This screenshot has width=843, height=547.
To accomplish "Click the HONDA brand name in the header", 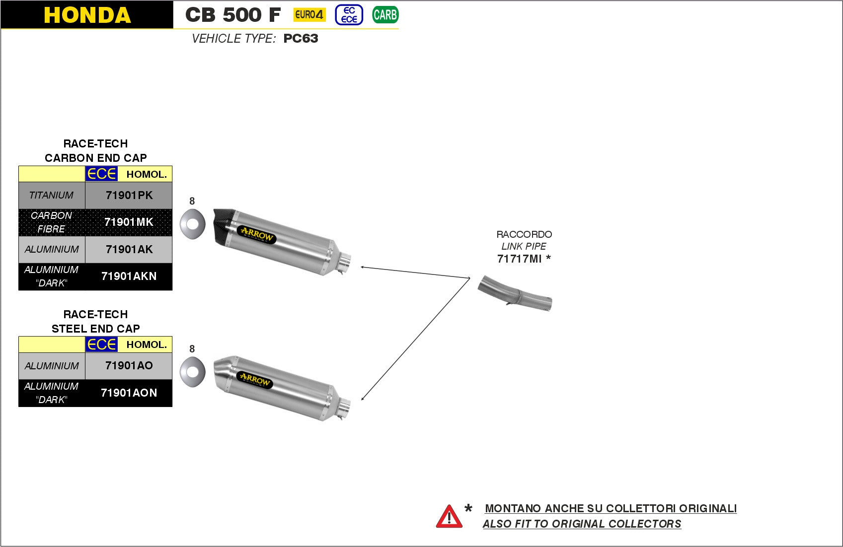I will [x=87, y=15].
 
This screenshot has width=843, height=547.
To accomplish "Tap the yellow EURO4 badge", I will [x=309, y=15].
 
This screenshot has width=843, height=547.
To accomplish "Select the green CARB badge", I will [x=385, y=15].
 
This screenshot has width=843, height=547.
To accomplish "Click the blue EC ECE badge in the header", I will [x=349, y=15].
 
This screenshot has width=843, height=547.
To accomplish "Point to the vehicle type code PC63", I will [x=301, y=39].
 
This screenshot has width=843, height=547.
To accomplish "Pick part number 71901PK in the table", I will [x=129, y=195].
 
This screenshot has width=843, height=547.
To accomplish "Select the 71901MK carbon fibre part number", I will [x=129, y=222].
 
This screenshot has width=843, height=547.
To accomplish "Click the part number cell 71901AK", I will [x=129, y=249].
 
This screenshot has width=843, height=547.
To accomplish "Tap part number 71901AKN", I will [x=129, y=276].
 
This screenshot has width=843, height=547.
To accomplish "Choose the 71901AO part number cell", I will [x=129, y=365].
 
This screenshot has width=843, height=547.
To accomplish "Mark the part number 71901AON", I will [x=129, y=393].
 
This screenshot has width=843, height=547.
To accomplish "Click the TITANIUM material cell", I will [x=52, y=195].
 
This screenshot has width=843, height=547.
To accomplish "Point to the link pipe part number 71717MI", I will [x=519, y=259].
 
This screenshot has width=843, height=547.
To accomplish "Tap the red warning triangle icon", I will [x=449, y=517].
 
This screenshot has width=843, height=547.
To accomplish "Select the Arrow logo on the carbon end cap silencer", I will [x=257, y=234].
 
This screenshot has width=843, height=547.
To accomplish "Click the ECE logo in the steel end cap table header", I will [x=101, y=344].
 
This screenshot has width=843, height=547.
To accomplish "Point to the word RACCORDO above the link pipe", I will [x=524, y=234].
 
